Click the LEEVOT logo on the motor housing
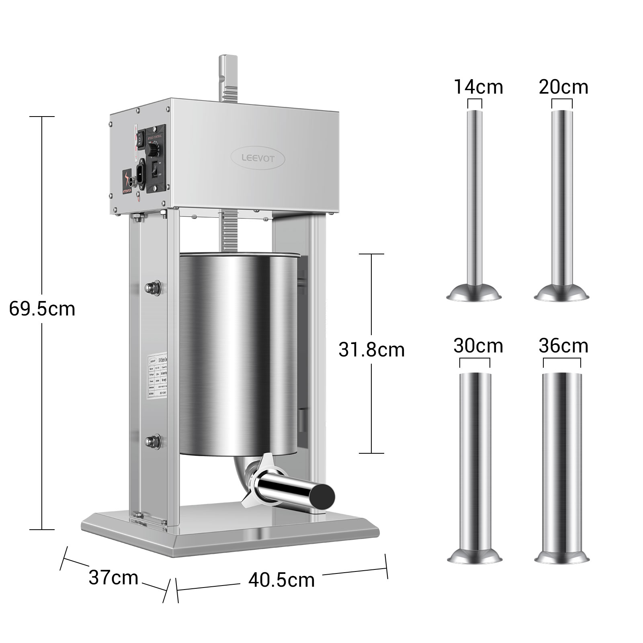pyautogui.click(x=258, y=158)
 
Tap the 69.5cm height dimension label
pyautogui.click(x=42, y=309)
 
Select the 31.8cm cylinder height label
pyautogui.click(x=371, y=350)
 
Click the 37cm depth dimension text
pyautogui.click(x=113, y=578)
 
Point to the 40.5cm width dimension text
pyautogui.click(x=281, y=580)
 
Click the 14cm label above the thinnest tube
pyautogui.click(x=478, y=87)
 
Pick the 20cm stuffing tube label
pyautogui.click(x=563, y=87)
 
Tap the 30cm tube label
pyautogui.click(x=478, y=346)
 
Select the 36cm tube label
pyautogui.click(x=563, y=346)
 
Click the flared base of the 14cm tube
pyautogui.click(x=474, y=293)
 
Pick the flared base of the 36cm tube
pyautogui.click(x=562, y=556)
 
